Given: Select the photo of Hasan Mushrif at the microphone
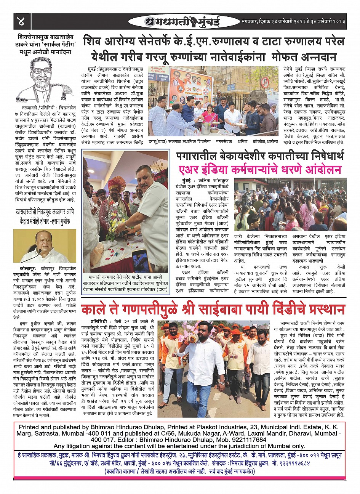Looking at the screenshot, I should [x=45, y=246].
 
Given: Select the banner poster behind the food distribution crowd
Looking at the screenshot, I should [x=190, y=88].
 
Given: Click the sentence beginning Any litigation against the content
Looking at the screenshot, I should [x=179, y=446].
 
